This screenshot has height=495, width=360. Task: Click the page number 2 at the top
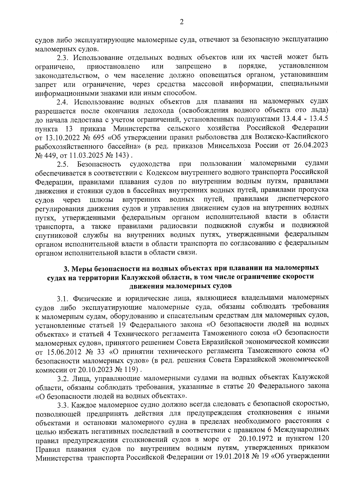pyautogui.click(x=181, y=22)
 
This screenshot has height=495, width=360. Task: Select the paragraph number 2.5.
pyautogui.click(x=64, y=164)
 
